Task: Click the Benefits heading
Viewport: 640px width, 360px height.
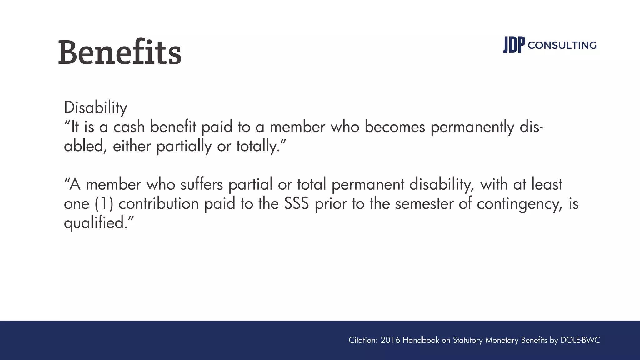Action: (120, 52)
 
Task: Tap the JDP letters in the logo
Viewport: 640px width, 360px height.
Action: (514, 45)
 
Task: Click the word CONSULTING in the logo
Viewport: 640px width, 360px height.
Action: (562, 46)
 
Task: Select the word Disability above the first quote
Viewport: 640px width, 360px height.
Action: (95, 107)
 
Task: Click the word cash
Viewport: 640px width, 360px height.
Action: (129, 127)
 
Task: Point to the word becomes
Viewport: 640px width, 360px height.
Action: (395, 127)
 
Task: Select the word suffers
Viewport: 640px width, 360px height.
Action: (202, 184)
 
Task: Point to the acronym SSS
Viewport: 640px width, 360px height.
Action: (297, 204)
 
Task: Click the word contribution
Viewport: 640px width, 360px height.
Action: (159, 204)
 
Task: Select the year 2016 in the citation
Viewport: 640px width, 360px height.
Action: (390, 340)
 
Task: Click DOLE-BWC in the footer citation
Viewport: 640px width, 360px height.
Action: (580, 340)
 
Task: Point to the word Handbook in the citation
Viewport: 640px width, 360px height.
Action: (421, 340)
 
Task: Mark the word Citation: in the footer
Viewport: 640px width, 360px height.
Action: (363, 340)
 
